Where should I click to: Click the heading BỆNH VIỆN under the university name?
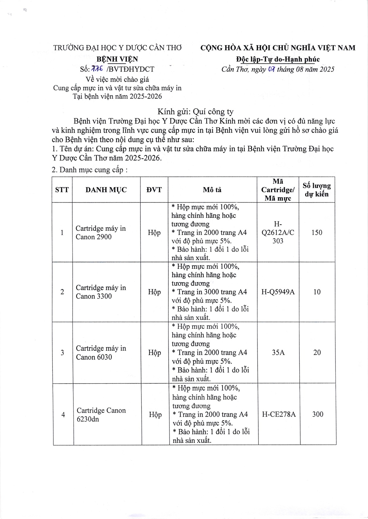[x=117, y=59]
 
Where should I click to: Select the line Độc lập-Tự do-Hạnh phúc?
[x=278, y=59]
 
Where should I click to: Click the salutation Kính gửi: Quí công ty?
[x=195, y=112]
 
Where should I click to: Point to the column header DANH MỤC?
[x=106, y=190]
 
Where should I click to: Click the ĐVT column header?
[x=154, y=190]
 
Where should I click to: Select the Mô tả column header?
[x=212, y=190]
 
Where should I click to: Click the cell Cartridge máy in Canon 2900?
[x=101, y=233]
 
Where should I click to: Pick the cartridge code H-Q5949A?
[x=278, y=292]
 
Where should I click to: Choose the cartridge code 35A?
[x=278, y=353]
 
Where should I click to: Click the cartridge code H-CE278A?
[x=279, y=414]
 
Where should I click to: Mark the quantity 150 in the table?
[x=317, y=233]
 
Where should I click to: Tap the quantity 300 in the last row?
[x=318, y=414]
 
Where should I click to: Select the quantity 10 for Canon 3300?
[x=317, y=292]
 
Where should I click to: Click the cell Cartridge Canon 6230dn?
[x=101, y=414]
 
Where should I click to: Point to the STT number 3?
[x=63, y=353]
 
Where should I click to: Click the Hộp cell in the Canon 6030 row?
[x=155, y=353]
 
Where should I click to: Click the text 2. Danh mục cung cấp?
[x=90, y=170]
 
